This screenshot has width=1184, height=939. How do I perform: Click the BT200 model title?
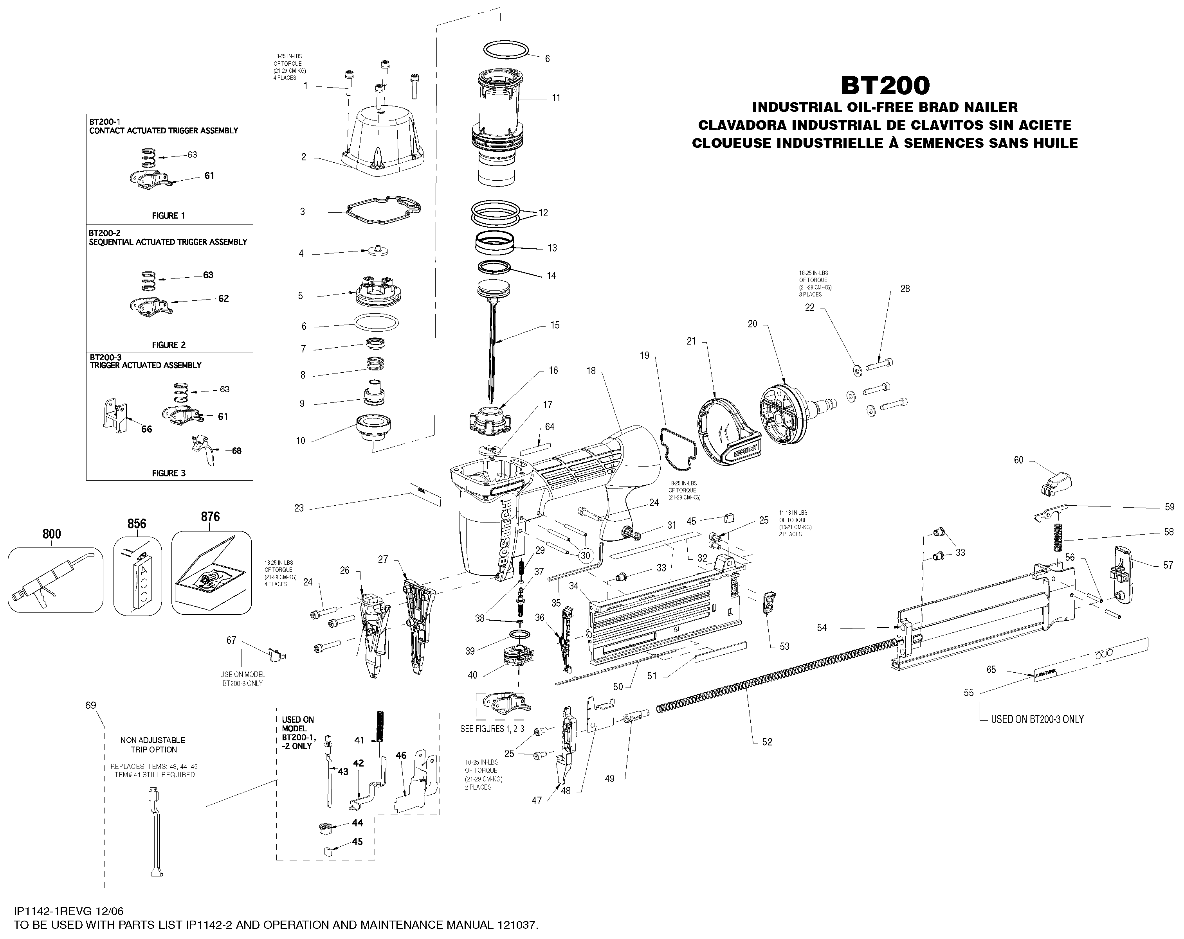click(x=886, y=86)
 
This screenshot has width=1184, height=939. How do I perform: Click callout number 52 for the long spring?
click(x=767, y=742)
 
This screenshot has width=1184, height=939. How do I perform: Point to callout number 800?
click(x=52, y=533)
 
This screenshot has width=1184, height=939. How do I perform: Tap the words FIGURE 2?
click(x=169, y=345)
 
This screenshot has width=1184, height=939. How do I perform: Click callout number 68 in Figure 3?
click(x=236, y=451)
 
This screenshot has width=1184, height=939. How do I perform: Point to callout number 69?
click(x=91, y=705)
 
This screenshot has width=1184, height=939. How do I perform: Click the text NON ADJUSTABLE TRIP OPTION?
click(x=153, y=745)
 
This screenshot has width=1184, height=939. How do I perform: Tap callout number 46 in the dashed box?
click(x=401, y=755)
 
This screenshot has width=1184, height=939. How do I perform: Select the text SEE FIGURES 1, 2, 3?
click(x=492, y=729)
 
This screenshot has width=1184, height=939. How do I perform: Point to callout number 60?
click(x=1018, y=460)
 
